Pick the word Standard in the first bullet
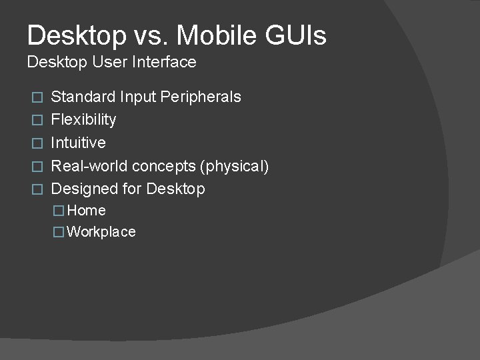[83, 97]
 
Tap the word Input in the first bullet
[135, 97]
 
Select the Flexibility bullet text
[83, 120]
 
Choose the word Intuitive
[78, 143]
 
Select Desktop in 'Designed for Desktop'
[175, 189]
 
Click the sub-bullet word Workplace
[101, 232]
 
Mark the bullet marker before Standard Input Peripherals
[38, 97]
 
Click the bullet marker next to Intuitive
[38, 143]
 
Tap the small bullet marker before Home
[59, 211]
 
